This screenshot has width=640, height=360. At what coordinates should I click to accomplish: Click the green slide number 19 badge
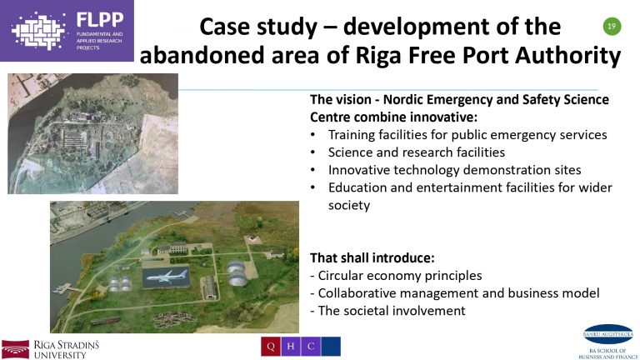[x=612, y=27]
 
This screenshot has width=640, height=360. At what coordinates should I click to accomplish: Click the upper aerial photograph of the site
[x=92, y=133]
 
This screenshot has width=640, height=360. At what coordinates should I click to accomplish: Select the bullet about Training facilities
[x=467, y=134]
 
